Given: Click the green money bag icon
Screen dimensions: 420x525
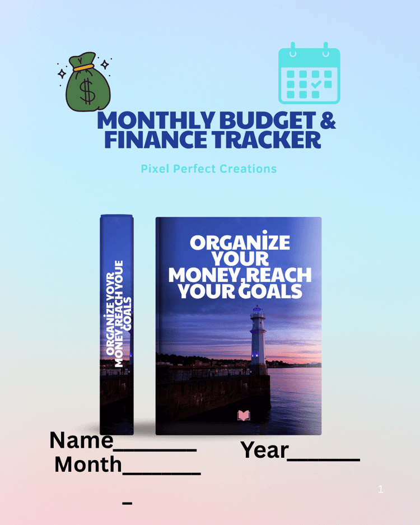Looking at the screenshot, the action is (x=88, y=82).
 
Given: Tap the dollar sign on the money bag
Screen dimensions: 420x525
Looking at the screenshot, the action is (x=87, y=91).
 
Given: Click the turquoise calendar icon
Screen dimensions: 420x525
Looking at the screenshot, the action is (x=309, y=73).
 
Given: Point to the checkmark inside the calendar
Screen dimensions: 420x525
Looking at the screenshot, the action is (x=316, y=84).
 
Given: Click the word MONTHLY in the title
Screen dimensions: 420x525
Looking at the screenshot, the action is (x=156, y=120).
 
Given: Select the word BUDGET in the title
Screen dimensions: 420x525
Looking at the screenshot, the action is (x=268, y=120).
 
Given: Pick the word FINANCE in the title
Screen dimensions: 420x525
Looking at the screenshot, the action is (x=156, y=140).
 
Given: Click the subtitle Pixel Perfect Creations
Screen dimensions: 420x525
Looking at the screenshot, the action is (x=209, y=169).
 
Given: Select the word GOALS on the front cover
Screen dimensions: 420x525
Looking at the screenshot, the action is (x=271, y=291).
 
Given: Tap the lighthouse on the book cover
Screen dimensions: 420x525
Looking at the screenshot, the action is (x=259, y=338).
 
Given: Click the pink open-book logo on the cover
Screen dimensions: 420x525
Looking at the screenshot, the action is (x=244, y=416).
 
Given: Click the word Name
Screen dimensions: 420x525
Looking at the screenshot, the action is (x=81, y=440).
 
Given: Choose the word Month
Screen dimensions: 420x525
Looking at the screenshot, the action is (x=88, y=464).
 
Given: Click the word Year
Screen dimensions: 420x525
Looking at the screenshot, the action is (x=264, y=450).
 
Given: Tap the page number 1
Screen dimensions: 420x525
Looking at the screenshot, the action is (x=380, y=489).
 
